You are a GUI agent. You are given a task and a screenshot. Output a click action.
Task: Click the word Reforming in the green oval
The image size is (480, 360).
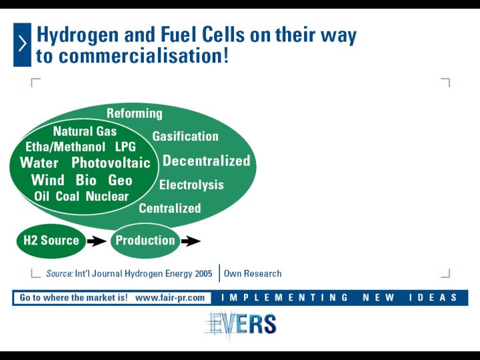(135, 113)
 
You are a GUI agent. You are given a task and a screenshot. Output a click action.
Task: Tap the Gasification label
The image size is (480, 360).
(185, 136)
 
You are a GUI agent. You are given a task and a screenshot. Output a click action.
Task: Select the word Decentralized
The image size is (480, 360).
(206, 161)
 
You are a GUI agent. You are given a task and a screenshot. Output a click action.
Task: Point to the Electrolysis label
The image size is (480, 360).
(191, 185)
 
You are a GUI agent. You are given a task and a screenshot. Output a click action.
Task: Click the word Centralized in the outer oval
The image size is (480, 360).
(170, 208)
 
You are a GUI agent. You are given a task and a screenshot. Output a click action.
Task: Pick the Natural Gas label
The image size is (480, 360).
(85, 131)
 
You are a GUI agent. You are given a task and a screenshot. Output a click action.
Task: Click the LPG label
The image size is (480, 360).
(125, 147)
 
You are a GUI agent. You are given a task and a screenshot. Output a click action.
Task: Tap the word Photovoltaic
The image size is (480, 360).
(111, 163)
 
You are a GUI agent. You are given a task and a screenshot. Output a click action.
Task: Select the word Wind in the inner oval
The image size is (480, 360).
(48, 180)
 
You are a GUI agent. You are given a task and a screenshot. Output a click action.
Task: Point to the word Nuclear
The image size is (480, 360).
(107, 196)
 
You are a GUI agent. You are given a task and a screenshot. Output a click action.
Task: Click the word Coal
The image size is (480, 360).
(67, 196)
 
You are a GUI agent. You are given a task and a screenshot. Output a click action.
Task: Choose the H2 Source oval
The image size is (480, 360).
(51, 241)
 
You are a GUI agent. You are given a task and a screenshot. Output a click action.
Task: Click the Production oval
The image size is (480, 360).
(145, 241)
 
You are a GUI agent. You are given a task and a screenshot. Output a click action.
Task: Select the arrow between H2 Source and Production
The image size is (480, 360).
(97, 241)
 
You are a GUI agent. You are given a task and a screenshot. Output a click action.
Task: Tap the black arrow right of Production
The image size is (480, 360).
(191, 241)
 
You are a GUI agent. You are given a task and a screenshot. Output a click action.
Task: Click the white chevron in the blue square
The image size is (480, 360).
(23, 44)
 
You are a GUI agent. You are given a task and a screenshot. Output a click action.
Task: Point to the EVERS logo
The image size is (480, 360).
(241, 324)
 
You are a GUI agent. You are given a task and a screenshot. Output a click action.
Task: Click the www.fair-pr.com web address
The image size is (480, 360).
(170, 297)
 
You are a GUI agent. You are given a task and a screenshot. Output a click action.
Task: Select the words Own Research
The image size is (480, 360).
(253, 273)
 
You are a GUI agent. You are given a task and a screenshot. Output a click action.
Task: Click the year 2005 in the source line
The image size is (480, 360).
(203, 273)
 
